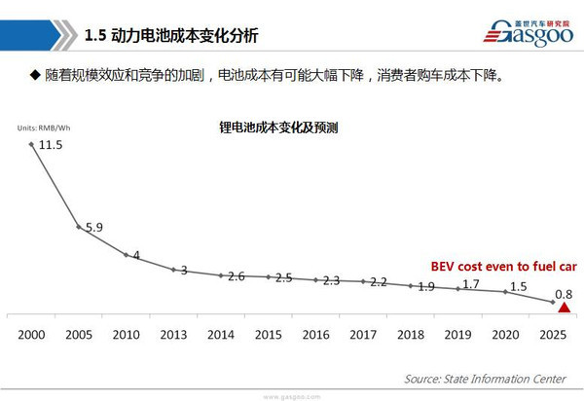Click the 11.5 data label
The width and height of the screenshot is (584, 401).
point(51,144)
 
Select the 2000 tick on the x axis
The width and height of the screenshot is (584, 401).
point(31,334)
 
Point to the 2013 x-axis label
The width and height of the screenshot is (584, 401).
point(173,334)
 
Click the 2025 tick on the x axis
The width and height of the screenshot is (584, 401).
point(553,334)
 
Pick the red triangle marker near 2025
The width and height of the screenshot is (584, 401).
point(563,308)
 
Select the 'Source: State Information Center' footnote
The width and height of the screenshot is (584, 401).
point(485,377)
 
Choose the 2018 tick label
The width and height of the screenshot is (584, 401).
point(411,334)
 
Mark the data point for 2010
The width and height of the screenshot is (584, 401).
point(126,255)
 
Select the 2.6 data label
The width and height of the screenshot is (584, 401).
point(235,276)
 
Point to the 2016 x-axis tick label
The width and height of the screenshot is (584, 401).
point(315,334)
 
